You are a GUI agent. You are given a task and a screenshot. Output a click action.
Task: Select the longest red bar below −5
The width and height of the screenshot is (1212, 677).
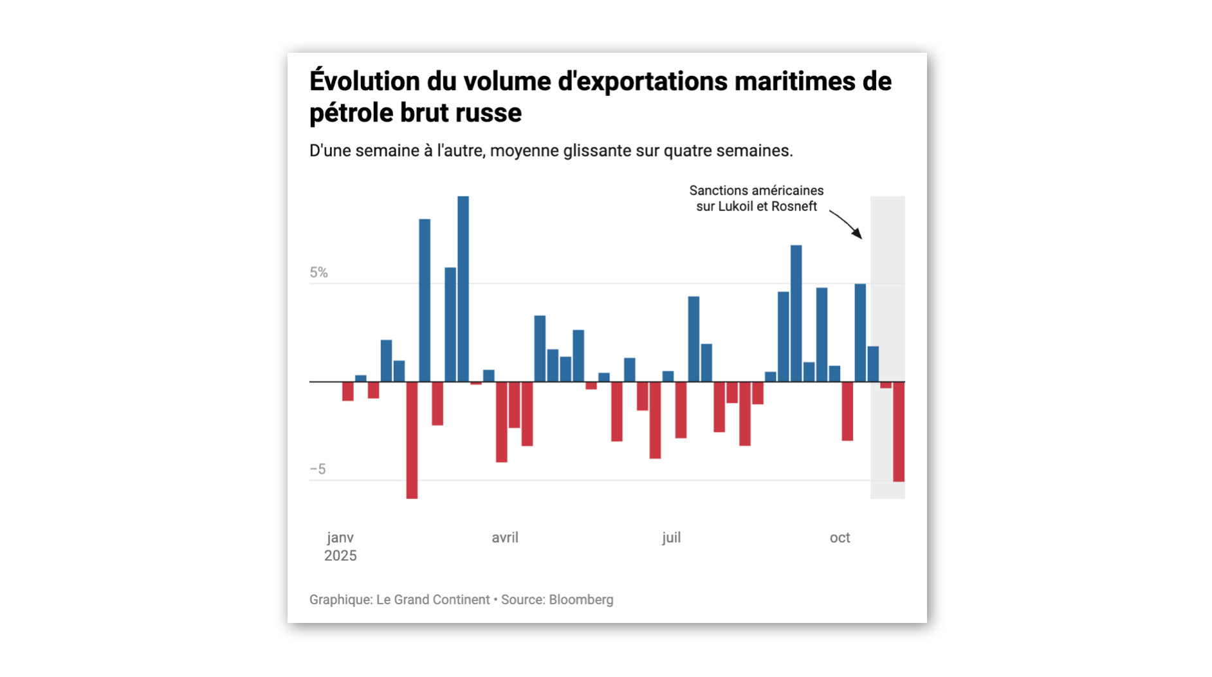coord(412,440)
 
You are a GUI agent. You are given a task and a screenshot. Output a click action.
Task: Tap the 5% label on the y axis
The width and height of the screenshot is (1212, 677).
coord(318,273)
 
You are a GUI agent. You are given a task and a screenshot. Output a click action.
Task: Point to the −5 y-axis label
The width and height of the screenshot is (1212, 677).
coord(318,469)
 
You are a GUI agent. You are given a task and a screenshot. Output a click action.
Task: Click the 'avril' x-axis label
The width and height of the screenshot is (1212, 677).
coord(505,538)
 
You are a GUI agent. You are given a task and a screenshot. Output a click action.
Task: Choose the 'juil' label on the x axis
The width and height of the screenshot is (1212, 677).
coord(671,538)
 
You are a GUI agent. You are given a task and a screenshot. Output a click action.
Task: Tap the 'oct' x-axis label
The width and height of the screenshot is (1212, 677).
coord(840,538)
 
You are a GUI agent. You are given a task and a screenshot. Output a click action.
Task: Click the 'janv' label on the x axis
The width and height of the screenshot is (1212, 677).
coord(340,538)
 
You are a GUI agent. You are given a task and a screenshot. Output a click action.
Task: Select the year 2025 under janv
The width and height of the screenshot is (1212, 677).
coord(340,556)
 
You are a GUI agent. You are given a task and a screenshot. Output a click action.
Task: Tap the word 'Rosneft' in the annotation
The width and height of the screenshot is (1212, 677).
coord(795,207)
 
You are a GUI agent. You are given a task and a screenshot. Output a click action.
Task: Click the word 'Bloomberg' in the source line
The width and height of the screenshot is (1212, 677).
coord(581,600)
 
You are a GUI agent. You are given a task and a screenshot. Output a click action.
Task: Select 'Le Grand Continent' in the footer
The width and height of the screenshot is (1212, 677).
coord(433,600)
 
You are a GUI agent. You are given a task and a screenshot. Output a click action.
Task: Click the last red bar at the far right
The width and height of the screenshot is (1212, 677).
coord(899,431)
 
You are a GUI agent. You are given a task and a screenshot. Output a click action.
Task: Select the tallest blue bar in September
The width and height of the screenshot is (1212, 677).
coord(796,313)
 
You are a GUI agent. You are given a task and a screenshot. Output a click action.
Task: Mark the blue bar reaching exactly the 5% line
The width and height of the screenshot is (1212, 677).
coord(860,333)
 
